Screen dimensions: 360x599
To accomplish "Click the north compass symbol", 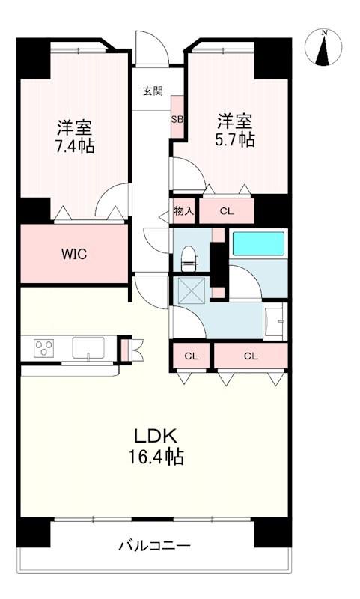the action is point(323,47).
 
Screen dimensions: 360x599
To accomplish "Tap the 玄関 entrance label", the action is point(153,91).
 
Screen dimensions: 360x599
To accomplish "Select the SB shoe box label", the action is point(177,119).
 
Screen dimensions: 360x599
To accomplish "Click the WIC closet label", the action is point(74,254).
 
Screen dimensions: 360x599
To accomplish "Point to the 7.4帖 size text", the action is point(74,146).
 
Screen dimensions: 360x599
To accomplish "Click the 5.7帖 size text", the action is point(235,139).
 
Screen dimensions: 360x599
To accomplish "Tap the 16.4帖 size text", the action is point(156,457).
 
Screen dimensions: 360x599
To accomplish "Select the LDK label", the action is point(154,435).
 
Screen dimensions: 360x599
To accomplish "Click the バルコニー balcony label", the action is point(154,545).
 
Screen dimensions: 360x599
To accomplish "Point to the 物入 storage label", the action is point(184,210).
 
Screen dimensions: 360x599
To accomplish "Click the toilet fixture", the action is point(189,258).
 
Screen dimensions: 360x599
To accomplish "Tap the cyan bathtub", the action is point(258,244).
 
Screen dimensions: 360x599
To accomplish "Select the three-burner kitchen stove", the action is point(43,348).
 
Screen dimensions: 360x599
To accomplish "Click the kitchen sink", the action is point(88,347).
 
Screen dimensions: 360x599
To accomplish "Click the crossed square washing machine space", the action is point(189,291).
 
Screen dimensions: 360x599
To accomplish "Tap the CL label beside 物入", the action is point(226,211).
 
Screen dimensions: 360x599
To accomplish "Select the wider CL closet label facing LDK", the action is point(251,356).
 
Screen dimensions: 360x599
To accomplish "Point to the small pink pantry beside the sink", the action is point(125,350).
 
